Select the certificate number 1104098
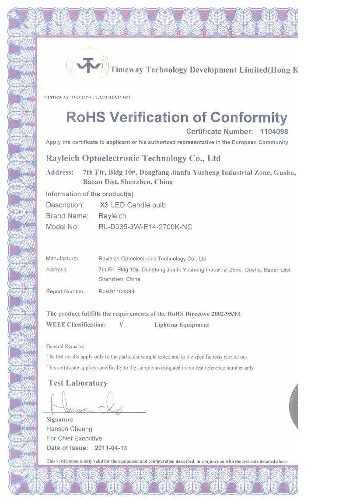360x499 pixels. click(274, 131)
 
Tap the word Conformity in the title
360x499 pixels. click(249, 117)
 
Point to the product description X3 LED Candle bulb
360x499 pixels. click(133, 205)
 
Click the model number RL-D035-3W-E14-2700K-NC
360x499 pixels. click(146, 227)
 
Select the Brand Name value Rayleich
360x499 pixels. click(112, 216)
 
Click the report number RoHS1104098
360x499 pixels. click(116, 291)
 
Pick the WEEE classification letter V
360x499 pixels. click(121, 325)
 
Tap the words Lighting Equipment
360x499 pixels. click(182, 325)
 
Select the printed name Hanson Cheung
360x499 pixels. click(69, 429)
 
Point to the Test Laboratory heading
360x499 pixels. click(78, 383)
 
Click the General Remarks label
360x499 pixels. click(65, 346)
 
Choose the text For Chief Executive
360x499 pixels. click(74, 439)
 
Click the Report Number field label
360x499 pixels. click(65, 291)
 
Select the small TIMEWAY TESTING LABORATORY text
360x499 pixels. click(87, 97)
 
